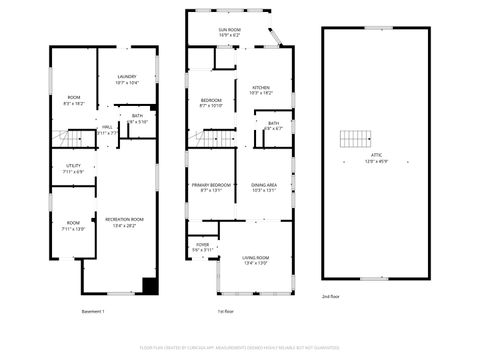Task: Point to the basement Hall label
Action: pyautogui.click(x=107, y=128)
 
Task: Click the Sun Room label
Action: pyautogui.click(x=229, y=31)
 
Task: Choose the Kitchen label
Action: pyautogui.click(x=261, y=88)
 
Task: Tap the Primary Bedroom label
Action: pyautogui.click(x=212, y=186)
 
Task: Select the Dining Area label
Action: pyautogui.click(x=264, y=186)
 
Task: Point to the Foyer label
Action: pyautogui.click(x=202, y=244)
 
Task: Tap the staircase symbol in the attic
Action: pyautogui.click(x=355, y=139)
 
